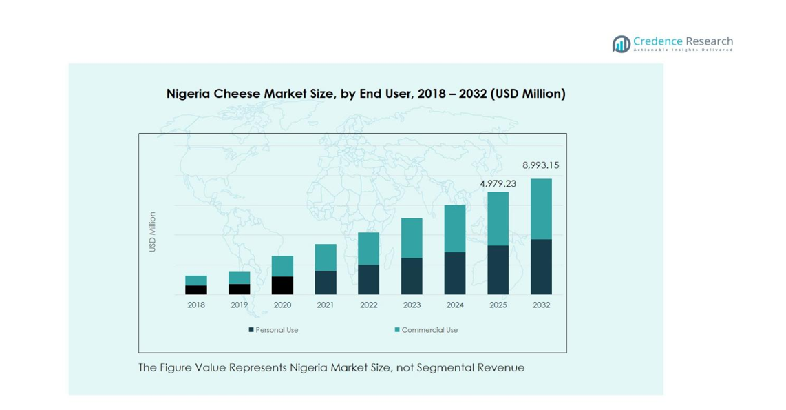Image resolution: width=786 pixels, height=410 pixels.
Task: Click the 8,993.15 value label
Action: point(540,165)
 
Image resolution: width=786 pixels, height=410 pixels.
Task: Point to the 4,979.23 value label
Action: point(498,183)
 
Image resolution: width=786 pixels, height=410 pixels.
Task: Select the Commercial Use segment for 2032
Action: point(541,209)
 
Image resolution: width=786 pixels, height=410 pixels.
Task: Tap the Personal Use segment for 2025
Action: point(498,269)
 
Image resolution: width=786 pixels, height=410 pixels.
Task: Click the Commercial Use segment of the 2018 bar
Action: point(196,280)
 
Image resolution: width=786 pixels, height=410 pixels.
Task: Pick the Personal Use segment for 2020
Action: point(282,285)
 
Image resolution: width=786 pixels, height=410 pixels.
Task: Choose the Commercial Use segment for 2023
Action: point(412,238)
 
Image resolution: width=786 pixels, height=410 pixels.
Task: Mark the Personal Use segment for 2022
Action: point(368,279)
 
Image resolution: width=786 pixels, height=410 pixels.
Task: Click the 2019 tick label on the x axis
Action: point(239,305)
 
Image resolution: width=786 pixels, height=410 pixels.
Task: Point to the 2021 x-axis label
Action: point(325,305)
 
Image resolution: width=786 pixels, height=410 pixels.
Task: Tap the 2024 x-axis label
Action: point(454,305)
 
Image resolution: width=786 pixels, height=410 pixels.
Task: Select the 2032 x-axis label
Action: point(541,305)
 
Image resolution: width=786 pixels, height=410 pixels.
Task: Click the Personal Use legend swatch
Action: point(251,330)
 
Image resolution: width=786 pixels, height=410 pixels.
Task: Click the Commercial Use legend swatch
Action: point(397,330)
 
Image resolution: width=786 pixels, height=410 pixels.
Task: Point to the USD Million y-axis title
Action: point(153,232)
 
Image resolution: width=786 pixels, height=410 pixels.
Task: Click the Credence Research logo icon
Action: point(622,44)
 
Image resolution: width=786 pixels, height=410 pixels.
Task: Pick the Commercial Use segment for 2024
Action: point(454,229)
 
